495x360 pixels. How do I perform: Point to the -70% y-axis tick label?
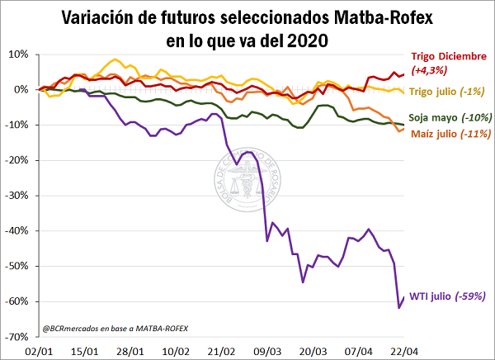tap(16, 337)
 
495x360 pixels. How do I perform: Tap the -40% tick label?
tap(16, 231)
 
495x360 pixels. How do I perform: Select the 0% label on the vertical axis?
tap(21, 89)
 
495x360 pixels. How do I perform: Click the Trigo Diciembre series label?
tap(449, 56)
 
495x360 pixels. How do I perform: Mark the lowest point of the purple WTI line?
tap(399, 308)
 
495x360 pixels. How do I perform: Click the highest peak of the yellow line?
tap(115, 59)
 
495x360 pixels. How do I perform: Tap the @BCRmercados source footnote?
tap(115, 329)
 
